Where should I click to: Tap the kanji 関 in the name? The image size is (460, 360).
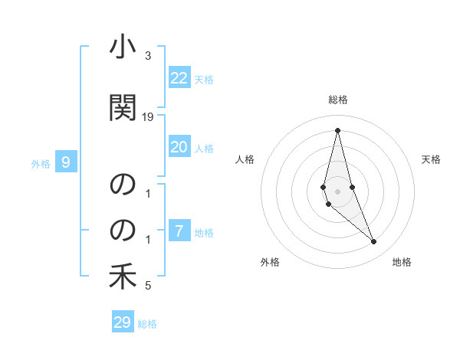pyautogui.click(x=122, y=107)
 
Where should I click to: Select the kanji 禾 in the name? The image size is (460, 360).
pyautogui.click(x=122, y=277)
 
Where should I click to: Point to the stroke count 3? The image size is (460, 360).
pyautogui.click(x=148, y=57)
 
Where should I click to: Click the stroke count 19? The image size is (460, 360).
pyautogui.click(x=148, y=116)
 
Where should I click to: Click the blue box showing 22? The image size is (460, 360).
pyautogui.click(x=179, y=77)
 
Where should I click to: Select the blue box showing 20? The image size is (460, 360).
pyautogui.click(x=179, y=147)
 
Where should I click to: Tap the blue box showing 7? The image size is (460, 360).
pyautogui.click(x=179, y=231)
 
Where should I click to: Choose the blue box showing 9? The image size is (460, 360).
pyautogui.click(x=66, y=162)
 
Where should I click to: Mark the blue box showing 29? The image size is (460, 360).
pyautogui.click(x=123, y=322)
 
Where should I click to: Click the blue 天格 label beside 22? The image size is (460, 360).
pyautogui.click(x=204, y=79)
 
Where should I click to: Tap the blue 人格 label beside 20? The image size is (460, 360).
pyautogui.click(x=204, y=149)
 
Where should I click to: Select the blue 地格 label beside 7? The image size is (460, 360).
pyautogui.click(x=204, y=233)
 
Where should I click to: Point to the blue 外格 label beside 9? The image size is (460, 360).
pyautogui.click(x=41, y=163)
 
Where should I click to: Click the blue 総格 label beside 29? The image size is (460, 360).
pyautogui.click(x=147, y=324)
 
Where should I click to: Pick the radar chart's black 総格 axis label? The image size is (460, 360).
pyautogui.click(x=337, y=100)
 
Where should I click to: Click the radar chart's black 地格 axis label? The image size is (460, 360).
pyautogui.click(x=402, y=262)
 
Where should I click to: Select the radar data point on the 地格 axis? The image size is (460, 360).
pyautogui.click(x=374, y=242)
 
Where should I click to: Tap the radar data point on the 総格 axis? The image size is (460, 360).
pyautogui.click(x=337, y=129)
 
